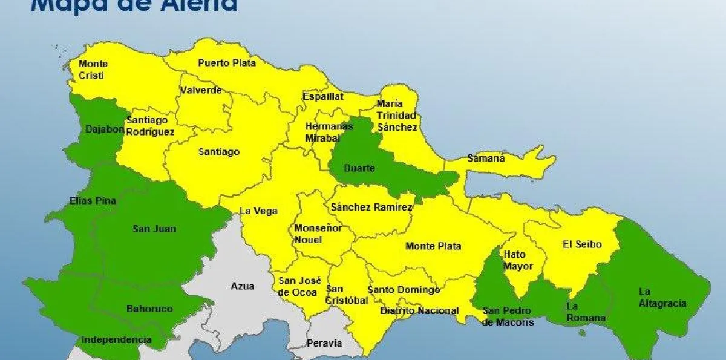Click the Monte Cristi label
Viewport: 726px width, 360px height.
(x=93, y=70)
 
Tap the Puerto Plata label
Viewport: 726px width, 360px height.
(x=227, y=62)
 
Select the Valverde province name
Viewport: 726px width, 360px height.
(x=201, y=91)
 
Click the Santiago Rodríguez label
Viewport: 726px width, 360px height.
(x=150, y=126)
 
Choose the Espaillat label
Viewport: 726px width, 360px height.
(x=323, y=96)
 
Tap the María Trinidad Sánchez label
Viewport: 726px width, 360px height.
(x=397, y=115)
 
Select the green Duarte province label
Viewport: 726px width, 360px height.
(x=359, y=168)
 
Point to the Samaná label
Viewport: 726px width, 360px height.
(x=486, y=159)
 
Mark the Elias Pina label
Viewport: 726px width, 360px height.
(x=93, y=201)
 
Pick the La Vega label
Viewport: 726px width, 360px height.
(x=259, y=211)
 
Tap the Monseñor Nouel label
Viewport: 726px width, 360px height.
(x=318, y=234)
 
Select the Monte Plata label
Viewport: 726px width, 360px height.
(x=433, y=246)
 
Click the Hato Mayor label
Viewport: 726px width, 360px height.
(x=518, y=260)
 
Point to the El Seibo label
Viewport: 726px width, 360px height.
(x=582, y=244)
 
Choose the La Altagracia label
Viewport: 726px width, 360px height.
(x=662, y=297)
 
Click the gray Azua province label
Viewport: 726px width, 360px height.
(x=243, y=286)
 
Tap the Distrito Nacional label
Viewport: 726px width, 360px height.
(x=419, y=310)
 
